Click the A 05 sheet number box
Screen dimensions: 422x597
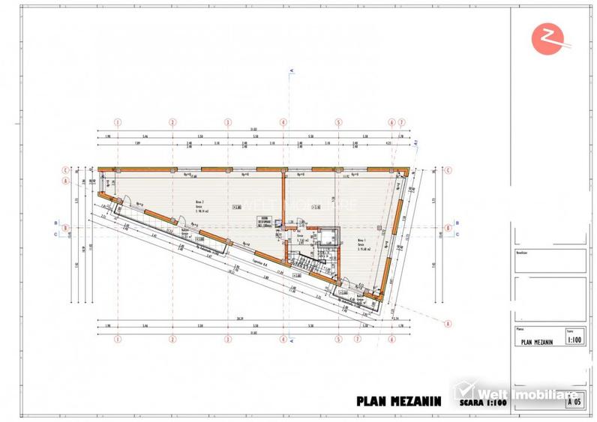pos(575,402)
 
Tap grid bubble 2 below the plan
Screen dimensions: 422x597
pos(172,338)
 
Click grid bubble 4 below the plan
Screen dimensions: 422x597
pos(283,338)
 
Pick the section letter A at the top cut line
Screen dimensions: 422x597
pos(291,70)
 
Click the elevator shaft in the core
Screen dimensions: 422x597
pos(323,238)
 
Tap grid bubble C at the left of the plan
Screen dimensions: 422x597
pos(66,169)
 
